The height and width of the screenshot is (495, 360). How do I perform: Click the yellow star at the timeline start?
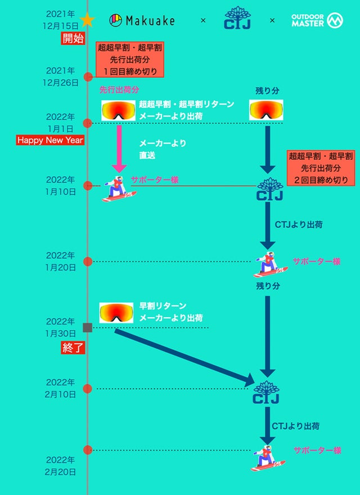pyautogui.click(x=87, y=20)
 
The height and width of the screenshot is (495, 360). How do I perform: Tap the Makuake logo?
pyautogui.click(x=142, y=21)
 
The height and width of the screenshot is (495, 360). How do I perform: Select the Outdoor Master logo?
pyautogui.click(x=317, y=21)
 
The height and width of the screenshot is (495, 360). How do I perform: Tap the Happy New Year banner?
pyautogui.click(x=50, y=140)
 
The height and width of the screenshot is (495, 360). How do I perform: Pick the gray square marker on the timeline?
pyautogui.click(x=87, y=327)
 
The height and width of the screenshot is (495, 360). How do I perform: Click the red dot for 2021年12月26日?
pyautogui.click(x=88, y=77)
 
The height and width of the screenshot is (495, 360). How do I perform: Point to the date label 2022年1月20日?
pyautogui.click(x=61, y=261)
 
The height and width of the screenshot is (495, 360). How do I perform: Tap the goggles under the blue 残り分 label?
pyautogui.click(x=266, y=110)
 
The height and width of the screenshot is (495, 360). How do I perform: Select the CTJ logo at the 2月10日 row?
pyautogui.click(x=266, y=393)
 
